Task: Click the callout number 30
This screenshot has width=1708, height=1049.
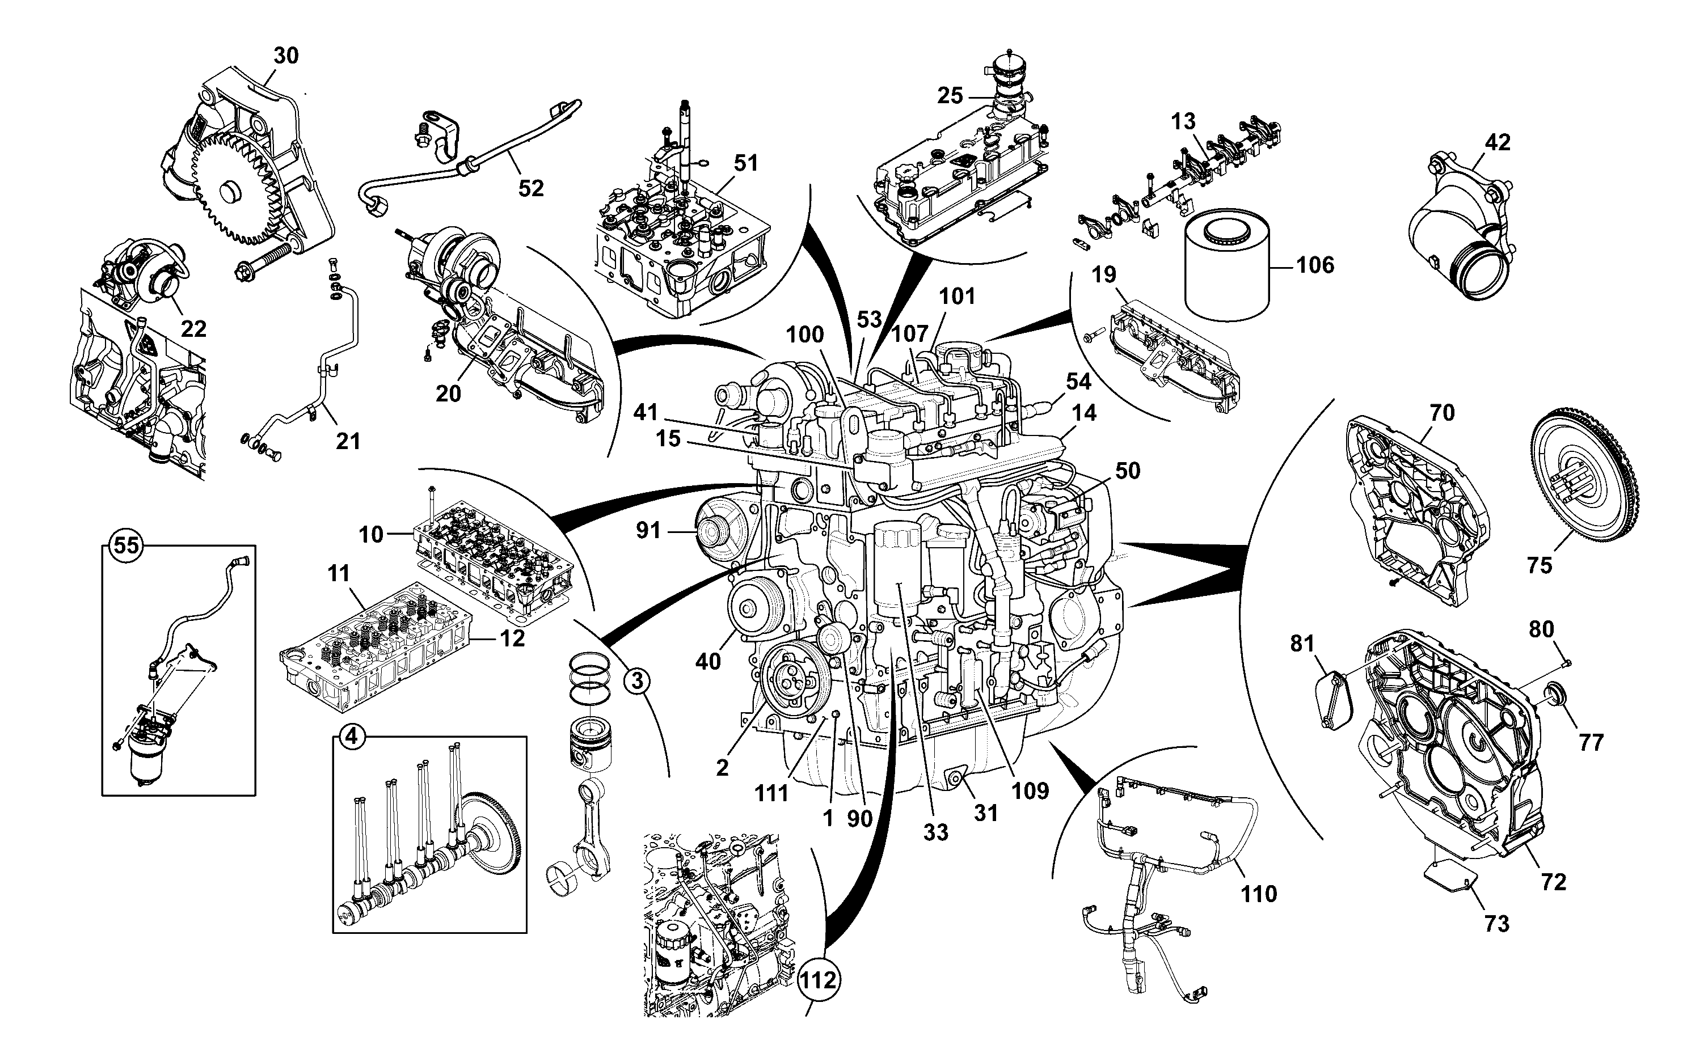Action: tap(285, 56)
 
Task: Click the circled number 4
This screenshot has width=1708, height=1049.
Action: tap(352, 736)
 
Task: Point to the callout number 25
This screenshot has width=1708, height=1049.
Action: tap(950, 96)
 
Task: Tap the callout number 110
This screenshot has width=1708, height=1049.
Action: tap(1258, 894)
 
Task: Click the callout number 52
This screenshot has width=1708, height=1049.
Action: tap(531, 188)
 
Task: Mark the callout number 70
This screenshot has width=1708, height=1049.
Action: tap(1441, 413)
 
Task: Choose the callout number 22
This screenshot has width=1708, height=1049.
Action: tap(193, 329)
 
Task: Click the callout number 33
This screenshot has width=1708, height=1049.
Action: tap(935, 832)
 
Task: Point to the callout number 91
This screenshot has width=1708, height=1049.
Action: tap(648, 531)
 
